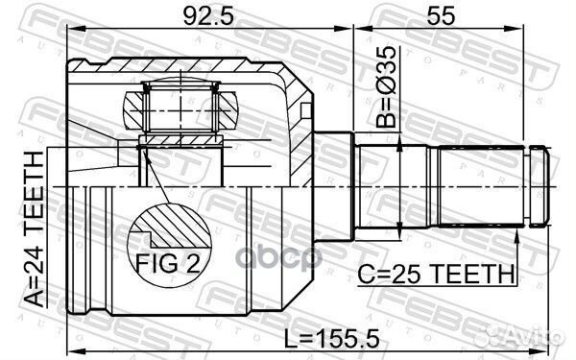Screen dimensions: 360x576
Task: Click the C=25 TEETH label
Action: point(433,275)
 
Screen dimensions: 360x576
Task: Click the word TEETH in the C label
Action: point(461,275)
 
